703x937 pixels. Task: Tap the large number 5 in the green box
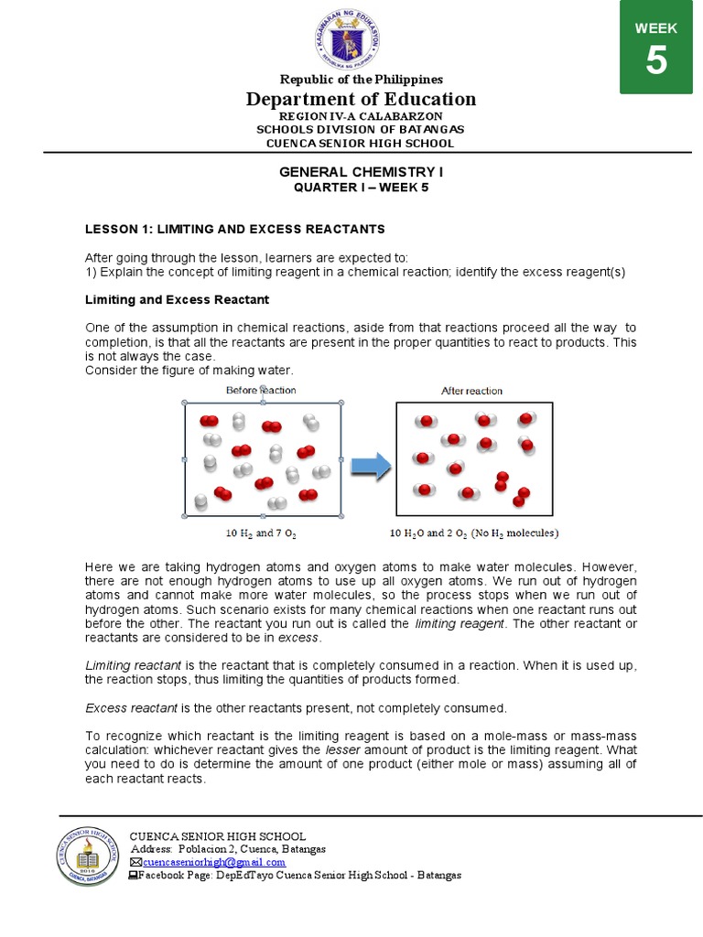pyautogui.click(x=656, y=61)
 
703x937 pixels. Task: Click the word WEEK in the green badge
pyautogui.click(x=656, y=28)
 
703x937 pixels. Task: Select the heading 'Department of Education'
pyautogui.click(x=361, y=99)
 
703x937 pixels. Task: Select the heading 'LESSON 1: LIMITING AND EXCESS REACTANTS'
pyautogui.click(x=235, y=229)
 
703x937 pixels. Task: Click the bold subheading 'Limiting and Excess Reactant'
pyautogui.click(x=177, y=299)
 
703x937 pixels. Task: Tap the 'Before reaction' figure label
pyautogui.click(x=261, y=390)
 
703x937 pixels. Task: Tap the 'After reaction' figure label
pyautogui.click(x=471, y=391)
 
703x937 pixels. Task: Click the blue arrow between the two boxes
pyautogui.click(x=370, y=467)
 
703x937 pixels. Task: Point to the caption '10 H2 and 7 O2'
pyautogui.click(x=261, y=532)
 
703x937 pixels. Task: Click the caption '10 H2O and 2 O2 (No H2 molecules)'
pyautogui.click(x=474, y=533)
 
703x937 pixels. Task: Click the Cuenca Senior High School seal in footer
pyautogui.click(x=88, y=855)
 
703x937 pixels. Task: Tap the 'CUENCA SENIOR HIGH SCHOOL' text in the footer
pyautogui.click(x=217, y=836)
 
